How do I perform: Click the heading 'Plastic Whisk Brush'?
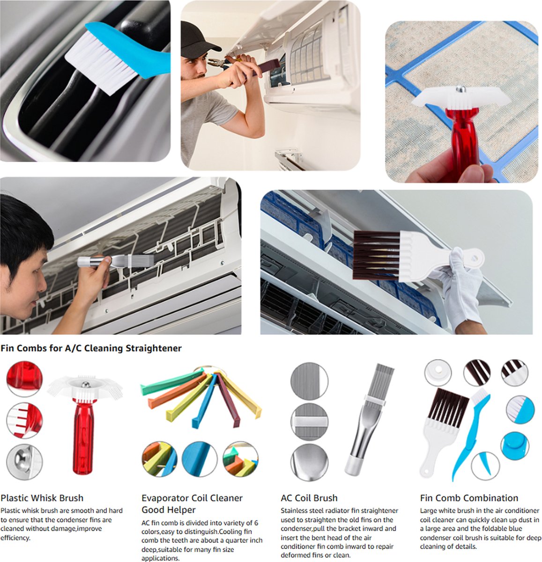pyautogui.click(x=42, y=498)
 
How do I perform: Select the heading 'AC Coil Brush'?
pyautogui.click(x=309, y=498)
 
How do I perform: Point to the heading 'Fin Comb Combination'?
pyautogui.click(x=469, y=498)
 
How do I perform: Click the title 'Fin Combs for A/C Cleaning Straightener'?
pyautogui.click(x=91, y=348)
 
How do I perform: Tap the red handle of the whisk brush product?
pyautogui.click(x=83, y=436)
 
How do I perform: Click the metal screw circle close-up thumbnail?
pyautogui.click(x=24, y=462)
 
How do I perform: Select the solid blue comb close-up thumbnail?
pyautogui.click(x=200, y=459)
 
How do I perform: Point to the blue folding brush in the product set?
pyautogui.click(x=471, y=434)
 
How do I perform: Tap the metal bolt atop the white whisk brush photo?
pyautogui.click(x=461, y=89)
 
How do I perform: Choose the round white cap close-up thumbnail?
pyautogui.click(x=438, y=372)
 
